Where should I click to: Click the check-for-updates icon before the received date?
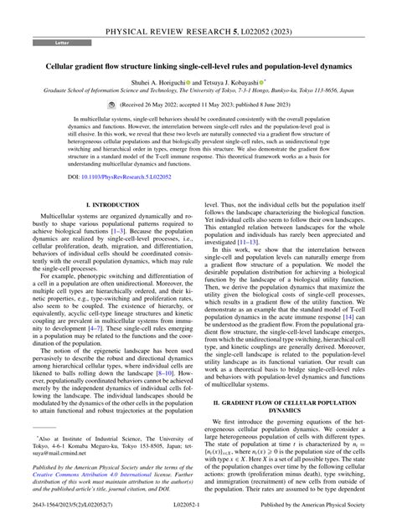[112, 106]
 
